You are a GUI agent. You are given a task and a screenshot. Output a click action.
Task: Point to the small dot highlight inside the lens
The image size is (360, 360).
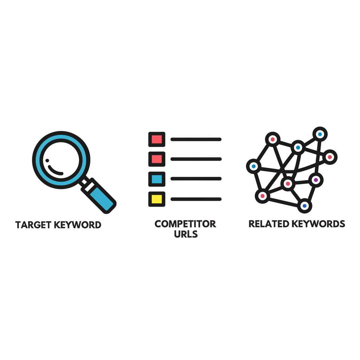click(x=47, y=161)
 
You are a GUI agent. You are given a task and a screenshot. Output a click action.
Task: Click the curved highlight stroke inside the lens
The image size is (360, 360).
click(x=55, y=171)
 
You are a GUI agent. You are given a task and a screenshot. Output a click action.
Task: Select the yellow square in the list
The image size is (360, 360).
click(x=157, y=199)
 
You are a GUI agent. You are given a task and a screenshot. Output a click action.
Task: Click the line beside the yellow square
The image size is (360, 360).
click(x=196, y=199)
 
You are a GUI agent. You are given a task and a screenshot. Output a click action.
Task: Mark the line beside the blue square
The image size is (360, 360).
click(x=196, y=179)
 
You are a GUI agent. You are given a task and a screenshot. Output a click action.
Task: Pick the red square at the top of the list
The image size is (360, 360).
click(x=157, y=139)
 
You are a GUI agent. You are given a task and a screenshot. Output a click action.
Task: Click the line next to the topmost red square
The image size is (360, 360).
click(x=196, y=139)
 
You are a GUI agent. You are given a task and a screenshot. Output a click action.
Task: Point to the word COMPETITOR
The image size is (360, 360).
click(x=185, y=224)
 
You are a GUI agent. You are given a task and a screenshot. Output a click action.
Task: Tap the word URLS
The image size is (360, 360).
click(x=186, y=234)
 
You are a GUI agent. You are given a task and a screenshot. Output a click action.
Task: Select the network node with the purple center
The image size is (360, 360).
click(x=316, y=180)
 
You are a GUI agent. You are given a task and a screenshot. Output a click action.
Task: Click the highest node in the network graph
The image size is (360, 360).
click(x=320, y=134)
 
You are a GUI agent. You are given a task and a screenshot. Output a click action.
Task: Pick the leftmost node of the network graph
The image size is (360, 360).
click(x=253, y=166)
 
